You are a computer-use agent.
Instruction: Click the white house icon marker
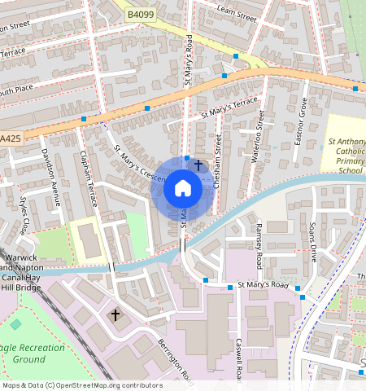[x=183, y=189]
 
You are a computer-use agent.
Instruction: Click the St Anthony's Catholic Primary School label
[x=346, y=156]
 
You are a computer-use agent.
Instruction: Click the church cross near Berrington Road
[x=115, y=314]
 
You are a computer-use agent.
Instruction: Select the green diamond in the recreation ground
[x=15, y=324]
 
